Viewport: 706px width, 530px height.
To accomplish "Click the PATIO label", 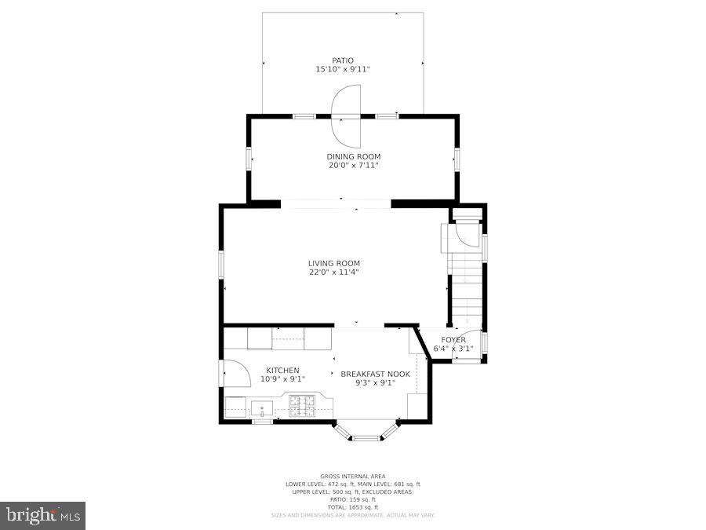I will coord(343,60).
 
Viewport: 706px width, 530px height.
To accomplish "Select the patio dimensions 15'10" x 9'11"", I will coord(343,70).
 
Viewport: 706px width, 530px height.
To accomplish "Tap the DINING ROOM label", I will coord(354,157).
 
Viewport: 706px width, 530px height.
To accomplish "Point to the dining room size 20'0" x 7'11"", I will coord(354,166).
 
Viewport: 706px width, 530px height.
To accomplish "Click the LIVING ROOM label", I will coord(334,264).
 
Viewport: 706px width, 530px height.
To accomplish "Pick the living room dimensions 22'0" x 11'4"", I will coord(334,272).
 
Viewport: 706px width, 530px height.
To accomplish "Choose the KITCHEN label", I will coord(282,371).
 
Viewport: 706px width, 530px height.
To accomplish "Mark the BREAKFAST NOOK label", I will coord(375,375).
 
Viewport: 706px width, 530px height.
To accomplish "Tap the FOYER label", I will coord(453,340).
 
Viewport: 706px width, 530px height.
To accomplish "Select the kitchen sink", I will coord(262,408).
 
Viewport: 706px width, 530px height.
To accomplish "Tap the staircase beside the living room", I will coord(464,279).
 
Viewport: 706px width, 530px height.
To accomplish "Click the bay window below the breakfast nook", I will coord(365,434).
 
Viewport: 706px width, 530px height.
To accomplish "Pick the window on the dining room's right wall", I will coord(457,158).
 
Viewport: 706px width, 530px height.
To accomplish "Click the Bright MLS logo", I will coord(43,516).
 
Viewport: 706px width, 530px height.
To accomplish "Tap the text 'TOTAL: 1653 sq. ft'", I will coord(353,506).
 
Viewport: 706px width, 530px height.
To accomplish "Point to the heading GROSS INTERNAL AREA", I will coord(353,477).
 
